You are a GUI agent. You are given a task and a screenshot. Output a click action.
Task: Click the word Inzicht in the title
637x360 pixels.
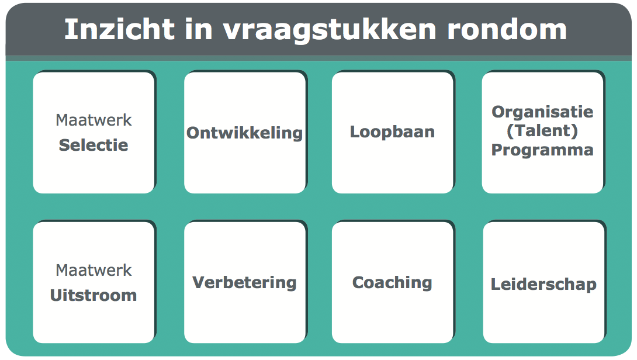tap(119, 29)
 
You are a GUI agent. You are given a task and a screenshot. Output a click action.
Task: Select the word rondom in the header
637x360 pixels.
tap(507, 29)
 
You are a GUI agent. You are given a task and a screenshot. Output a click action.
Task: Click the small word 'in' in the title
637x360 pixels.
tap(199, 29)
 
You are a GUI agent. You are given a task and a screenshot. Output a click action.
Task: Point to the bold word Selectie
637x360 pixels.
tap(94, 145)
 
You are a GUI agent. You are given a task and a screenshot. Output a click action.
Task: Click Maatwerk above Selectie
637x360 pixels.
tap(94, 120)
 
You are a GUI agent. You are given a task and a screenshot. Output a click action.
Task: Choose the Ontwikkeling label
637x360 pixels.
tap(244, 133)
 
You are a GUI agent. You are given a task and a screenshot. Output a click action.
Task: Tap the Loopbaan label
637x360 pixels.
tap(393, 132)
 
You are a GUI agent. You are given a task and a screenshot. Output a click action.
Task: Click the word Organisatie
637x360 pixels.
tap(542, 112)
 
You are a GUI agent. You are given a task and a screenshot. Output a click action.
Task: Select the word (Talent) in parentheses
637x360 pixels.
tap(542, 131)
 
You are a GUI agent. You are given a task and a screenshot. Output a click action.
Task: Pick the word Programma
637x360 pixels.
tap(542, 150)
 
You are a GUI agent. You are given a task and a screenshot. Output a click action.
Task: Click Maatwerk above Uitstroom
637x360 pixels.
tap(94, 271)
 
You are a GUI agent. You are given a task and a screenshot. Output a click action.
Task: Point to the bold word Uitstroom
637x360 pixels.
tap(94, 295)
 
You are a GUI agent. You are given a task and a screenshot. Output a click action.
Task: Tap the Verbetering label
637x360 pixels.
tap(244, 283)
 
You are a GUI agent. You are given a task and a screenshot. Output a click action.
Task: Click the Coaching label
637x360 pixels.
tap(393, 283)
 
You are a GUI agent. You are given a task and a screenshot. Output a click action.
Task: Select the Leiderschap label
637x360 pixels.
tap(543, 285)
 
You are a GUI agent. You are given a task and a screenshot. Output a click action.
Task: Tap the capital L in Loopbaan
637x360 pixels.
tap(355, 132)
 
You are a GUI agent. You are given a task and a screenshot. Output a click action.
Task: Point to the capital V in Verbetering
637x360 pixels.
tap(199, 282)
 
